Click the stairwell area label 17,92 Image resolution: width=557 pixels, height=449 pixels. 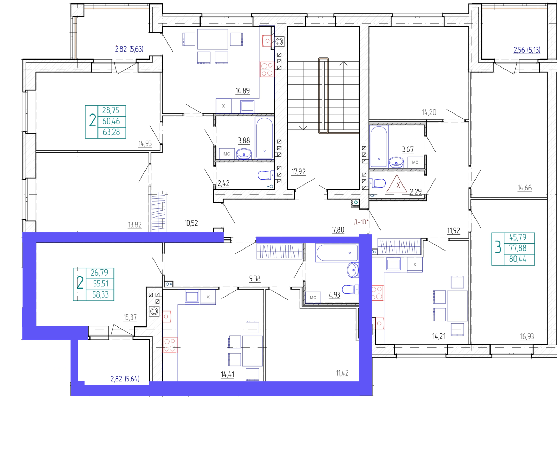(x=298, y=172)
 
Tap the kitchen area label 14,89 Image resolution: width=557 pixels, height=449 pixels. (x=243, y=91)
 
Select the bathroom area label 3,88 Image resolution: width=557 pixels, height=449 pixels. (x=244, y=141)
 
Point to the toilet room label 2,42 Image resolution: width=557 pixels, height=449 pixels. (x=223, y=183)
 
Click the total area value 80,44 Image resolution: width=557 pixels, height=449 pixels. (x=518, y=259)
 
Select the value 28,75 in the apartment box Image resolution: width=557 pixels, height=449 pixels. (x=110, y=110)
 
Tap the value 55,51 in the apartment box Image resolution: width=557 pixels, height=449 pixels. (x=101, y=284)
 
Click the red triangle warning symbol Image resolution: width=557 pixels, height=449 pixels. (x=397, y=184)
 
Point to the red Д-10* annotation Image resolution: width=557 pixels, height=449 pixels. (x=361, y=222)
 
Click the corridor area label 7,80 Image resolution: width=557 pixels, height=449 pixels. (x=338, y=229)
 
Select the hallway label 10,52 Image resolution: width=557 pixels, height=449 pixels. (x=191, y=223)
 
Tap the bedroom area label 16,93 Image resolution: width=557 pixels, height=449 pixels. (x=527, y=336)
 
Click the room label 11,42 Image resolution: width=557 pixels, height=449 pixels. (x=342, y=373)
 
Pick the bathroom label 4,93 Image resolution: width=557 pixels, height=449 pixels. (x=335, y=295)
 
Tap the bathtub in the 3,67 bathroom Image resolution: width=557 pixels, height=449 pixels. (x=379, y=147)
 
